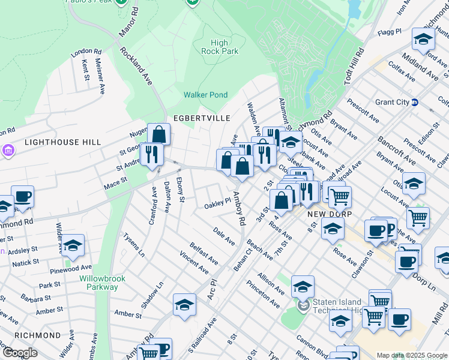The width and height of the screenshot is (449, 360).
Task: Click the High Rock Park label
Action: click(220, 47)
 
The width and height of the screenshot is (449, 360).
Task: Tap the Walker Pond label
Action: click(205, 95)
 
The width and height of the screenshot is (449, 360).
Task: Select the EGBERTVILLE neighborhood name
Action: click(197, 118)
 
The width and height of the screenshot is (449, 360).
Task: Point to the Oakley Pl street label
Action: click(217, 203)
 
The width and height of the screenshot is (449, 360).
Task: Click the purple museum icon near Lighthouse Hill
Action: click(8, 149)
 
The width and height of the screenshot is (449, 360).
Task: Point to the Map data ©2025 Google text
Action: click(411, 355)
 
